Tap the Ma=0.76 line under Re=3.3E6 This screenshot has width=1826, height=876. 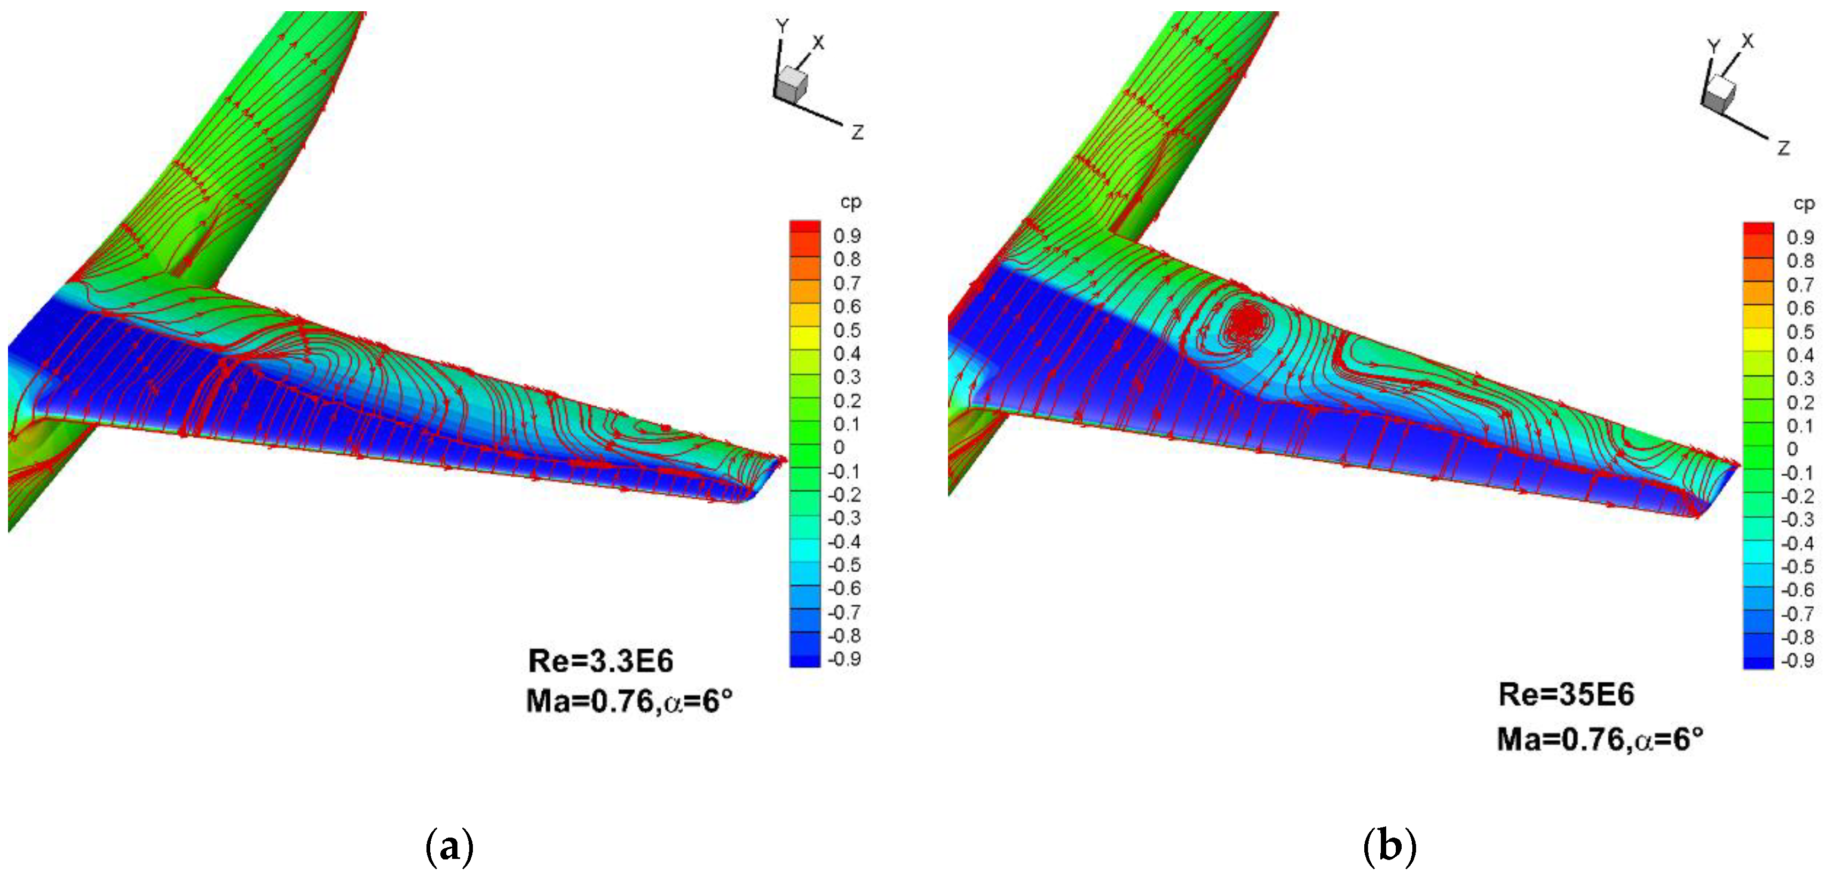coord(629,701)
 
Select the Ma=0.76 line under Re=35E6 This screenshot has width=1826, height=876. coord(1599,740)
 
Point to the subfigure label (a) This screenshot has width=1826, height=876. coord(449,846)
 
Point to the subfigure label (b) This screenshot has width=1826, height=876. coord(1389,846)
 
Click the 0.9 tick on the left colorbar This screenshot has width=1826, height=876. coord(847,236)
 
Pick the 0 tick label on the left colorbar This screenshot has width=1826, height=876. coord(839,447)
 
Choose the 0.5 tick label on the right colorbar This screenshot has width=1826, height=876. coord(1800,332)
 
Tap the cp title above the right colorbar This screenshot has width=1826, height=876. coord(1804,204)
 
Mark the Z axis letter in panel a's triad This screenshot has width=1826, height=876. coord(857,132)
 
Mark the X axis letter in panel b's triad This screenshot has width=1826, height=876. coord(1748,41)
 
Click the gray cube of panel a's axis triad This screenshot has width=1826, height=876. coord(791,84)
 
